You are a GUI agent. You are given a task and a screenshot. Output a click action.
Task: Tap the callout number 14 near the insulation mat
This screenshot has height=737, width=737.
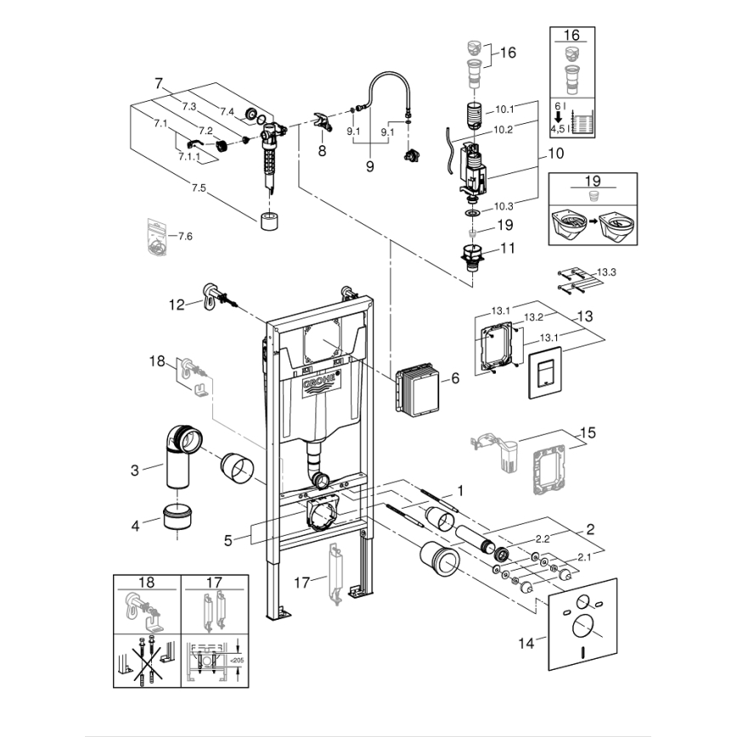click(527, 643)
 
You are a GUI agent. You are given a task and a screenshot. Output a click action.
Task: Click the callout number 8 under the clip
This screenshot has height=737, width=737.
click(322, 150)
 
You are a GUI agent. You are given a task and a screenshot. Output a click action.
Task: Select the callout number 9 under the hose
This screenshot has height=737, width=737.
click(370, 167)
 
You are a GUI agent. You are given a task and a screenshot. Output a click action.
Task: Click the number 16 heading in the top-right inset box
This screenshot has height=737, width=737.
click(571, 35)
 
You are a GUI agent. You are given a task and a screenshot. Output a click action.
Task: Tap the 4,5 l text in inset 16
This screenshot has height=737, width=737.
click(559, 129)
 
